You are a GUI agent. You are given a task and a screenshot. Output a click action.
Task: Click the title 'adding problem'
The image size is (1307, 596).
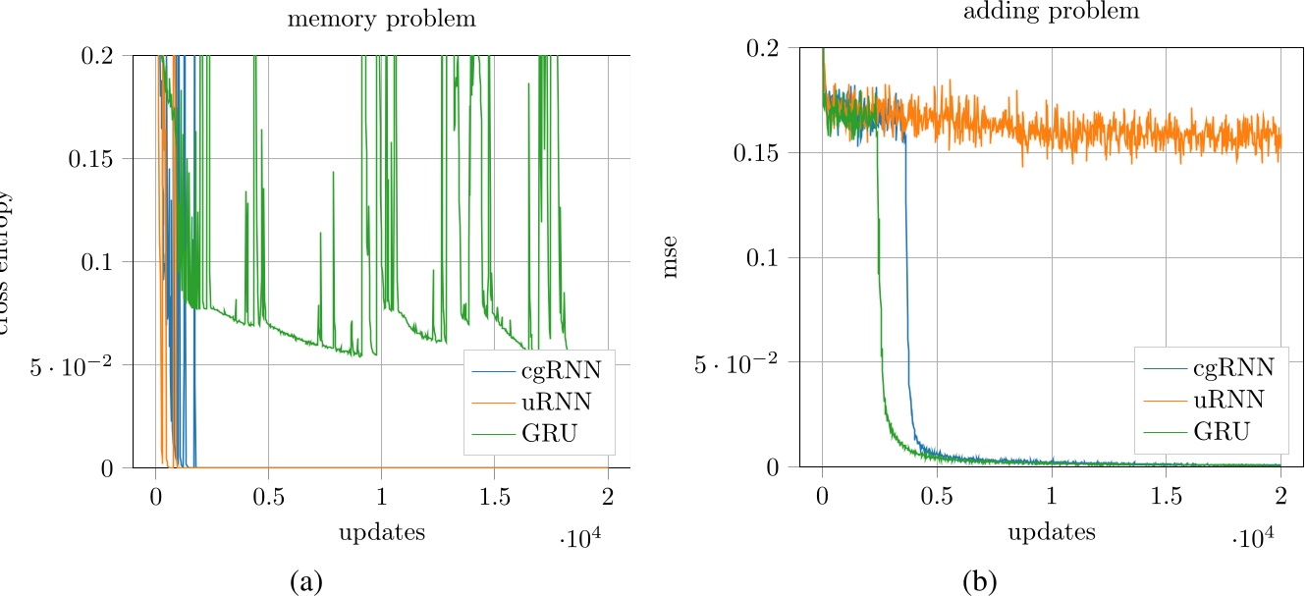pyautogui.click(x=1051, y=12)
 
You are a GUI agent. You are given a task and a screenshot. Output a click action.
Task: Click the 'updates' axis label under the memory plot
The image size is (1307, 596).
pyautogui.click(x=381, y=533)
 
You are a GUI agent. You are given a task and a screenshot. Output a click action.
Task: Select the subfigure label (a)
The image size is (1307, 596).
pyautogui.click(x=306, y=581)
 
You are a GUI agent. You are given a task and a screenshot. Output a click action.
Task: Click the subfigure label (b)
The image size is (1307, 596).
pyautogui.click(x=979, y=581)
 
